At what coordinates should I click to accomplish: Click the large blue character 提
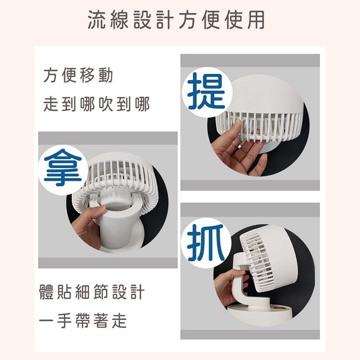(x=206, y=91)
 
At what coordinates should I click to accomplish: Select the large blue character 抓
(x=206, y=243)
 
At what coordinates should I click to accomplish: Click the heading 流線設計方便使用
(x=176, y=20)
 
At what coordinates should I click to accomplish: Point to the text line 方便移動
(x=78, y=75)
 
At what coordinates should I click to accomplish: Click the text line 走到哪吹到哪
(x=96, y=104)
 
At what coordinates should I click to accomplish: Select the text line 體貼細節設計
(x=92, y=292)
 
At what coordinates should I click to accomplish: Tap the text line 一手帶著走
(x=83, y=321)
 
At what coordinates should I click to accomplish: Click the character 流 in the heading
(x=97, y=20)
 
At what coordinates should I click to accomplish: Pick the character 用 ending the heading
(x=256, y=20)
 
